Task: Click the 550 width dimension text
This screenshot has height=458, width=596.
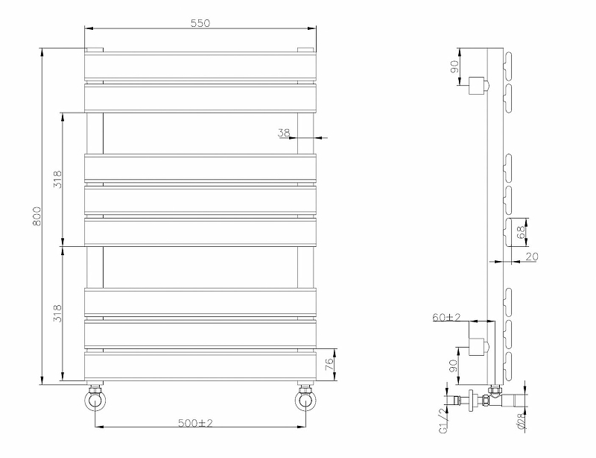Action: tap(200, 22)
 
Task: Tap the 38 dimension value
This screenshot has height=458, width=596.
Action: tap(283, 133)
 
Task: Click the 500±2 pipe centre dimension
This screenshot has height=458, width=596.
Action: tap(196, 423)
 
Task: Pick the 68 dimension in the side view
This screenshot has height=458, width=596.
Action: tap(521, 231)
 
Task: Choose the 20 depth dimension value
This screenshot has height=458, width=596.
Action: tap(531, 257)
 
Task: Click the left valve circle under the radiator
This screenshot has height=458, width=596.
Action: tap(95, 401)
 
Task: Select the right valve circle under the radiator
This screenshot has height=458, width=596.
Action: tap(305, 401)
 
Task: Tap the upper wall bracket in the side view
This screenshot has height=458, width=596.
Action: tap(476, 87)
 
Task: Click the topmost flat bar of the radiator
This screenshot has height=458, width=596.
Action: tap(200, 66)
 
